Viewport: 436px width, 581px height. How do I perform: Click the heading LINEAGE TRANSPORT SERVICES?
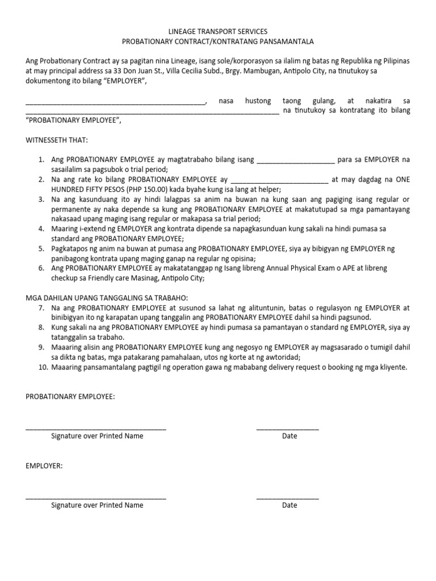click(219, 32)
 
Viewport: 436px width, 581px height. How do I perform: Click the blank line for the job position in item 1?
click(296, 161)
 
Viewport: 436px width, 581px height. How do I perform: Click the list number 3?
click(41, 200)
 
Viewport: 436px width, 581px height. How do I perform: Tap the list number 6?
click(41, 268)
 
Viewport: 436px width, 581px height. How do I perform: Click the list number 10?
click(40, 367)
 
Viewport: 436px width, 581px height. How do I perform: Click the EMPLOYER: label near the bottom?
click(44, 466)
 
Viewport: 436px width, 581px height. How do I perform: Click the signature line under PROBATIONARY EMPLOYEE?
click(96, 430)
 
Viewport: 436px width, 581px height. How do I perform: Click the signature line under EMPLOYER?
click(96, 499)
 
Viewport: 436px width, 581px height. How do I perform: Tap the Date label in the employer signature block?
click(290, 505)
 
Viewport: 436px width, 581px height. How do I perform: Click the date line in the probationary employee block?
click(287, 430)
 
